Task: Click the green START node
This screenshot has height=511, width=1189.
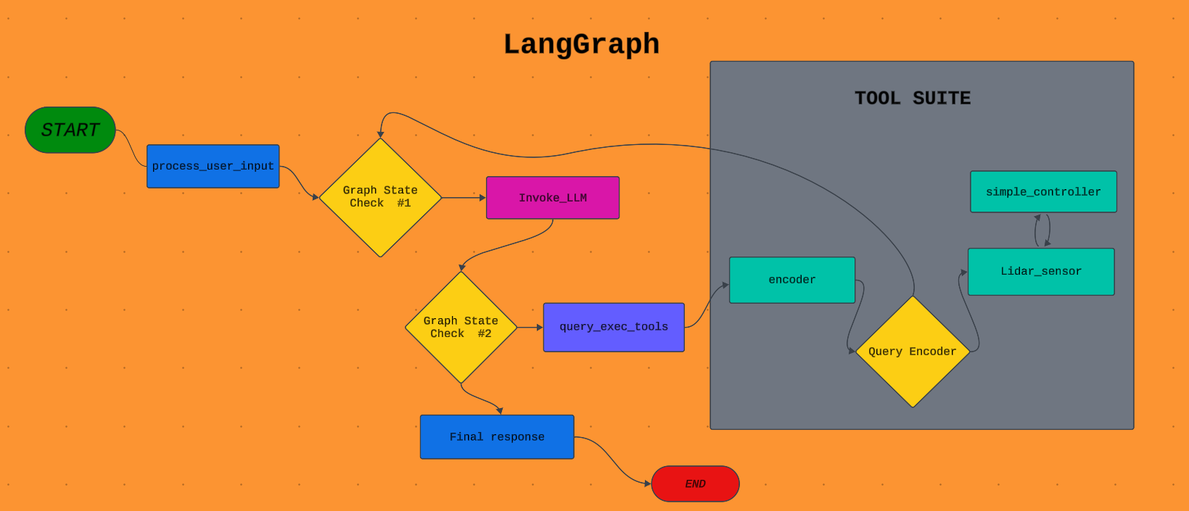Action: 70,130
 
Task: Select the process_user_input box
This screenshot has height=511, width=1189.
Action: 213,166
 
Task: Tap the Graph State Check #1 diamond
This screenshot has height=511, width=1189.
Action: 380,198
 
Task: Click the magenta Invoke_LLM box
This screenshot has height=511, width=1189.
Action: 553,198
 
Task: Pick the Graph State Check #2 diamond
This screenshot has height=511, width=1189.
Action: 461,327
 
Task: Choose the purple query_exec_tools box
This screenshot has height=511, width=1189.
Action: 614,327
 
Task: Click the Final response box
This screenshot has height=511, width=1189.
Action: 497,437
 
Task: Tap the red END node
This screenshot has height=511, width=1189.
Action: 696,483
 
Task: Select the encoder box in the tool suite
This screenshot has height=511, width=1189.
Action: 792,280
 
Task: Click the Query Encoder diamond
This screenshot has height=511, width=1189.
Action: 913,352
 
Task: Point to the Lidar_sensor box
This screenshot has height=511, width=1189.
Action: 1041,271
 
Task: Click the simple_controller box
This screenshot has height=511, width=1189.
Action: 1043,191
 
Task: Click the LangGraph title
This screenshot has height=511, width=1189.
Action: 581,44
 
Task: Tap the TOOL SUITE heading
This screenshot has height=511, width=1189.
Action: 913,98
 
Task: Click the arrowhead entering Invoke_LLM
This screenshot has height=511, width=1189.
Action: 482,198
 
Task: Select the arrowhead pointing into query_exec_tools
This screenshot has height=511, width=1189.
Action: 539,327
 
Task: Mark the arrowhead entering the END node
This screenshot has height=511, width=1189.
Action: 648,483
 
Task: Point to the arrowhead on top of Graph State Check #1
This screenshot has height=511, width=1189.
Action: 380,135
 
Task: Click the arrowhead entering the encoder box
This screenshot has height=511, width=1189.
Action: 725,285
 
